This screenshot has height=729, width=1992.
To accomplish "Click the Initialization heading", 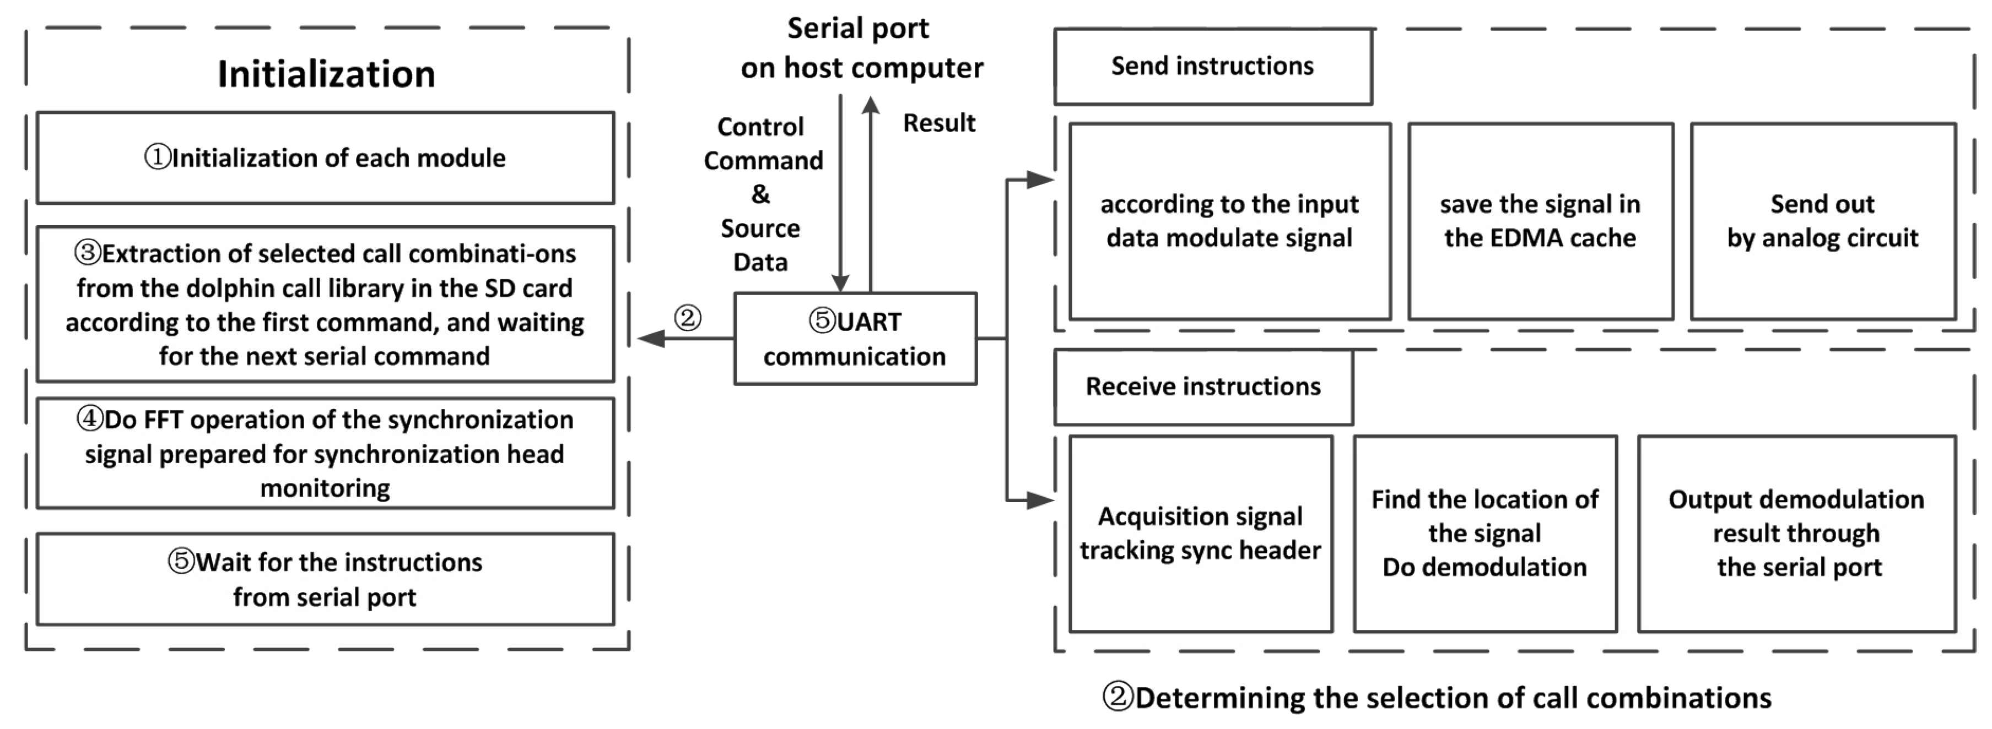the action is [326, 74].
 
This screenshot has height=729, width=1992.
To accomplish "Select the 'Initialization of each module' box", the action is [326, 157].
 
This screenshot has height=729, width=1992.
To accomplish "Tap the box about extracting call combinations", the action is [326, 304].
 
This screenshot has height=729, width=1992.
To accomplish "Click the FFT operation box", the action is [326, 453].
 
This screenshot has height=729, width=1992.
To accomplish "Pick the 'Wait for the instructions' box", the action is [326, 579].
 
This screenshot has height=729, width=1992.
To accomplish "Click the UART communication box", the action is [855, 338].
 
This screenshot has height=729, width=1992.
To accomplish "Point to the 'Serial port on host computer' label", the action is [861, 48].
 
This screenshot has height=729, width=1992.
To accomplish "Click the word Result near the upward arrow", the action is [939, 123].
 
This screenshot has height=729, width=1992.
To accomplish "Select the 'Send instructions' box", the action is [1213, 67].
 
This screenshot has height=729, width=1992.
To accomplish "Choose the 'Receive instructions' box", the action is [1203, 387].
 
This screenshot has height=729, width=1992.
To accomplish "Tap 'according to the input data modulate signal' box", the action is [1229, 221].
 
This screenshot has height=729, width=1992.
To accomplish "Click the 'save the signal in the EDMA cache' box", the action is [1540, 221].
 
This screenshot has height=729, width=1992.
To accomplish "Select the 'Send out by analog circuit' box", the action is [1823, 221].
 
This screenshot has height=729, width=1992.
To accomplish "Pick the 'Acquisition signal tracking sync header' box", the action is [1201, 534].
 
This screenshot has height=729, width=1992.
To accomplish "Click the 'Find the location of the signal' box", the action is [1484, 534].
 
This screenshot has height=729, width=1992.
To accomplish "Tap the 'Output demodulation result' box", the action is [1796, 534].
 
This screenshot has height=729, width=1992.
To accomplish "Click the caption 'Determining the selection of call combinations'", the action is [1437, 697].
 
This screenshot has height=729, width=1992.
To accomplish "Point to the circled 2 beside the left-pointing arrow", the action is [688, 318].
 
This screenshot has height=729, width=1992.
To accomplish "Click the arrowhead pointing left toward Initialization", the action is [651, 338].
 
